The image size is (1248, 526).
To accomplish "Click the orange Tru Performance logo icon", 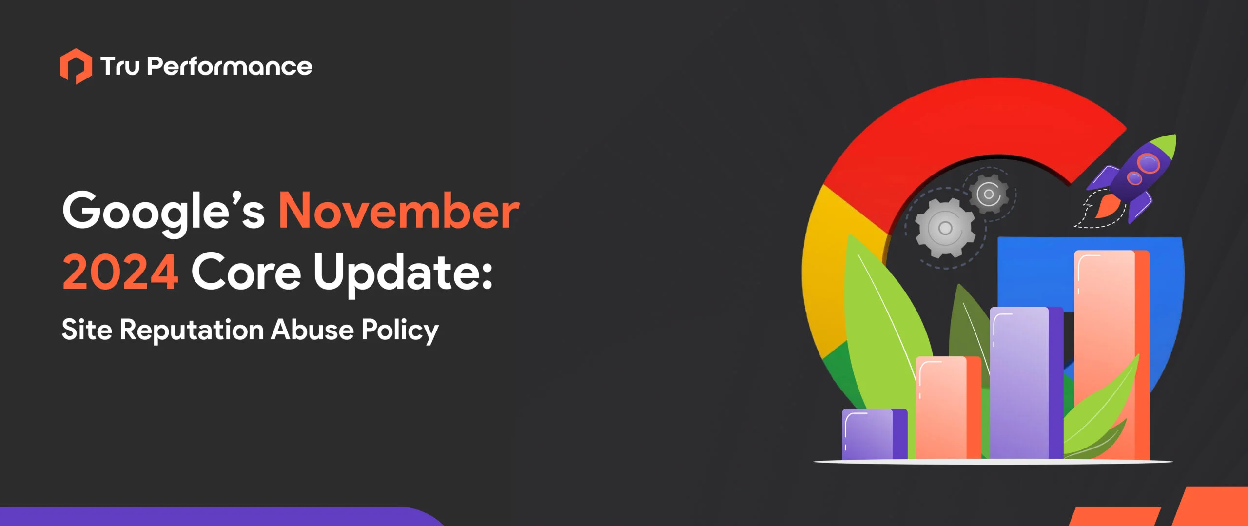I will (x=76, y=66).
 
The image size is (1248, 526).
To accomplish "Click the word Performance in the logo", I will (x=229, y=67).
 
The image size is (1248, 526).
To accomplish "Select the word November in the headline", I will (x=399, y=211).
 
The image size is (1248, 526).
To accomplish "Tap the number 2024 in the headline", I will (x=120, y=272).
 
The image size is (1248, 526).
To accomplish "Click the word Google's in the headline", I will (x=163, y=211).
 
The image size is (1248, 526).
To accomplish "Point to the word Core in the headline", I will (x=246, y=272).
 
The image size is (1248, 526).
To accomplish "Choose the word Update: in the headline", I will (x=403, y=272).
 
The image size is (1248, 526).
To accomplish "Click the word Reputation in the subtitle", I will (x=192, y=330).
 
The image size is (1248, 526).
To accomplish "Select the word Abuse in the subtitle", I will (x=312, y=330).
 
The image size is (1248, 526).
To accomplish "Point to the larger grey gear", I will (x=945, y=228).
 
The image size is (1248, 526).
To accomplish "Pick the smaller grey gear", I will (x=988, y=194).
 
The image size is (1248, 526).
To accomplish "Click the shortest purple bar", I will (x=874, y=434).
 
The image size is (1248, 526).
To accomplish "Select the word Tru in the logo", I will (x=120, y=67).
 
